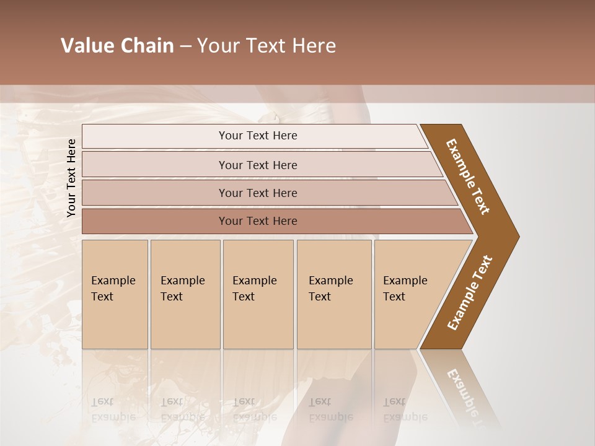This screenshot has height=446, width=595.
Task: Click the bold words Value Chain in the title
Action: coord(117,46)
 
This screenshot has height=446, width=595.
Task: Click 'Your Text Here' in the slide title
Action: coord(267,46)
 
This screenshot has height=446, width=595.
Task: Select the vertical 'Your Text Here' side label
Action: coord(71,178)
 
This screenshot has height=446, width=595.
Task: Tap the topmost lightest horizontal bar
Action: coord(258,136)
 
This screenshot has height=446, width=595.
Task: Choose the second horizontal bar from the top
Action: coord(258,165)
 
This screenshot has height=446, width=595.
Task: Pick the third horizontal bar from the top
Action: coord(258,193)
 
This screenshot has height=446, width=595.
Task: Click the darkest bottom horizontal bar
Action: coord(258,221)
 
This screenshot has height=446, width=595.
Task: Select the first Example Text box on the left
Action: coord(115,294)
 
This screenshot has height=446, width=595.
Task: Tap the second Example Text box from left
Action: coord(185,294)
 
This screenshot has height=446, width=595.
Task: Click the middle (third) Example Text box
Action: coord(257,294)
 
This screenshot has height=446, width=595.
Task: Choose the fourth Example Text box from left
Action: coord(333,294)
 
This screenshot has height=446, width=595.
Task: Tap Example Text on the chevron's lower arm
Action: coord(470,292)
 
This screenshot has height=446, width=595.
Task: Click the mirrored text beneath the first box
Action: coord(113,409)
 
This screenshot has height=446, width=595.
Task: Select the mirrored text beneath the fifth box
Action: coord(405,409)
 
